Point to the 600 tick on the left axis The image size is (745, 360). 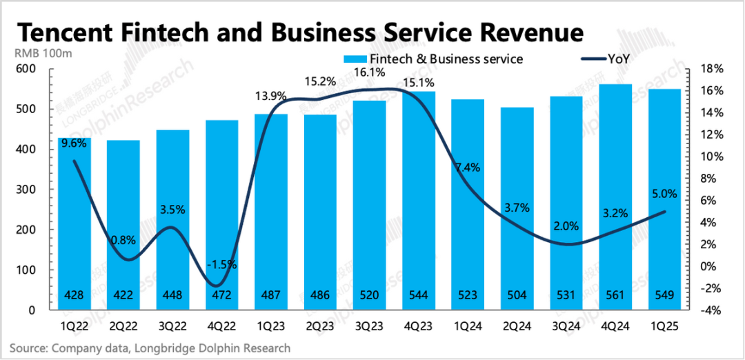(x=26, y=69)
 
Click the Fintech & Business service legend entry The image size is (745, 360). (x=437, y=59)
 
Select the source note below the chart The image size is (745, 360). (x=150, y=348)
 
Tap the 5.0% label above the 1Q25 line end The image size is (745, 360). (x=664, y=194)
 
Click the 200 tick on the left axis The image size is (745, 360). (x=26, y=230)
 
